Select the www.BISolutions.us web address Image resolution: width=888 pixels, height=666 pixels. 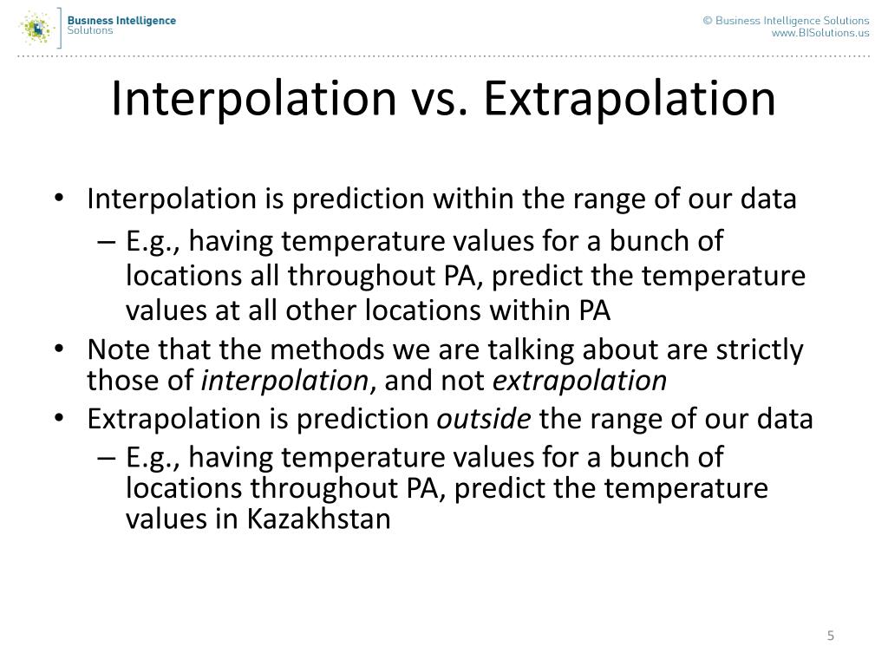[x=820, y=33]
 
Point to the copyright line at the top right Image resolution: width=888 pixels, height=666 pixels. [x=786, y=20]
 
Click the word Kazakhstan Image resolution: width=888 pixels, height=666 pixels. [x=320, y=519]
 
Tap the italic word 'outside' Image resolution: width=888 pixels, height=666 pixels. [x=484, y=420]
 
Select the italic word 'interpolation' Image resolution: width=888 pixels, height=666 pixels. [x=284, y=381]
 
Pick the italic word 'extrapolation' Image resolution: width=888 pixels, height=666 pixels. [x=579, y=381]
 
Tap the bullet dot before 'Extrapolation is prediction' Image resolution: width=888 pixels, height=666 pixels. [x=58, y=420]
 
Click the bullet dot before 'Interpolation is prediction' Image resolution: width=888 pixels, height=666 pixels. [x=58, y=199]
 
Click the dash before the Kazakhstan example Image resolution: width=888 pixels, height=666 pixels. [x=106, y=457]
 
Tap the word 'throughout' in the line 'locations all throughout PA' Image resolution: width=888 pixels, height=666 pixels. [x=354, y=276]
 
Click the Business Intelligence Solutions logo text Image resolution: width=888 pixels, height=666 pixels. [x=121, y=24]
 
